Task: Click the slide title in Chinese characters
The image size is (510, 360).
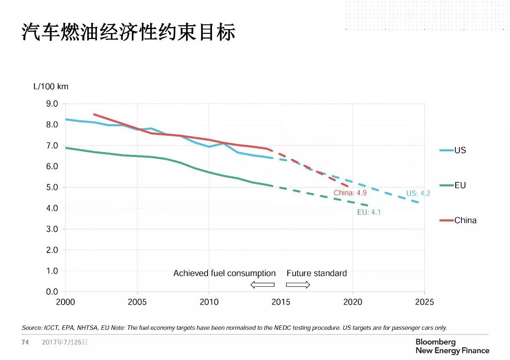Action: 128,32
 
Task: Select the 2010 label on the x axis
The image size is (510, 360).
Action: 209,302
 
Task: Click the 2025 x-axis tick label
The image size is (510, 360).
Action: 424,302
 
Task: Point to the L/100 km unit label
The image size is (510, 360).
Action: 51,87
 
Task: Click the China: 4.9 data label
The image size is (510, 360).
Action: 350,193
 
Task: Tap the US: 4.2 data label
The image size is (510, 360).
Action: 418,194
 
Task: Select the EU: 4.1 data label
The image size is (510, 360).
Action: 369,213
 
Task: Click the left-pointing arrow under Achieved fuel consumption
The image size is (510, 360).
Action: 262,284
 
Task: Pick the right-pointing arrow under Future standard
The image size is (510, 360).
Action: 298,284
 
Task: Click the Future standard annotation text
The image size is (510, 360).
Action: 317,274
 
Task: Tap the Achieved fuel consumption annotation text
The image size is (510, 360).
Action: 224,274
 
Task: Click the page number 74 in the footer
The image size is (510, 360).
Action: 25,342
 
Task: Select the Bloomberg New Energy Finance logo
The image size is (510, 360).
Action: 452,346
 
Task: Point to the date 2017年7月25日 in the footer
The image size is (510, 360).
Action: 65,342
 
